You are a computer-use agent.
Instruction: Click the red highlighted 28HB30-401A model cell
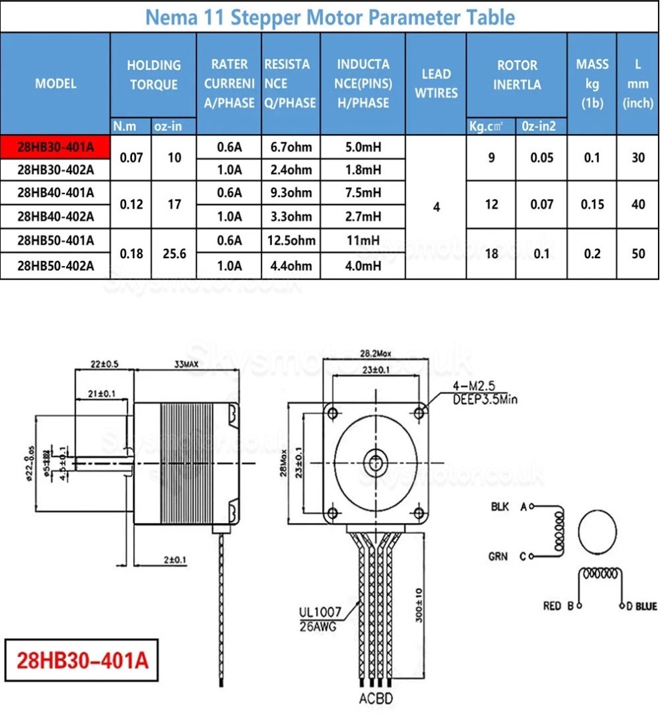pos(55,147)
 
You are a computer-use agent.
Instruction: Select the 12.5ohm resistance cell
pos(291,241)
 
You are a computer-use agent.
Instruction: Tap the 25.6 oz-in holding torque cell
pos(174,253)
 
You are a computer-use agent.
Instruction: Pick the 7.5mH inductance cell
pos(363,193)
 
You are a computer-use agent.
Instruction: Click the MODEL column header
pos(55,83)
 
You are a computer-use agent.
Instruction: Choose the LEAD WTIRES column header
pos(436,83)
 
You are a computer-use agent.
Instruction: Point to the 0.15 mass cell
pos(592,204)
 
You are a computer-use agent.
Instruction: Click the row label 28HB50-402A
pos(55,266)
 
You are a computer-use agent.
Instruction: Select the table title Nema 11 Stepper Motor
pos(329,17)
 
